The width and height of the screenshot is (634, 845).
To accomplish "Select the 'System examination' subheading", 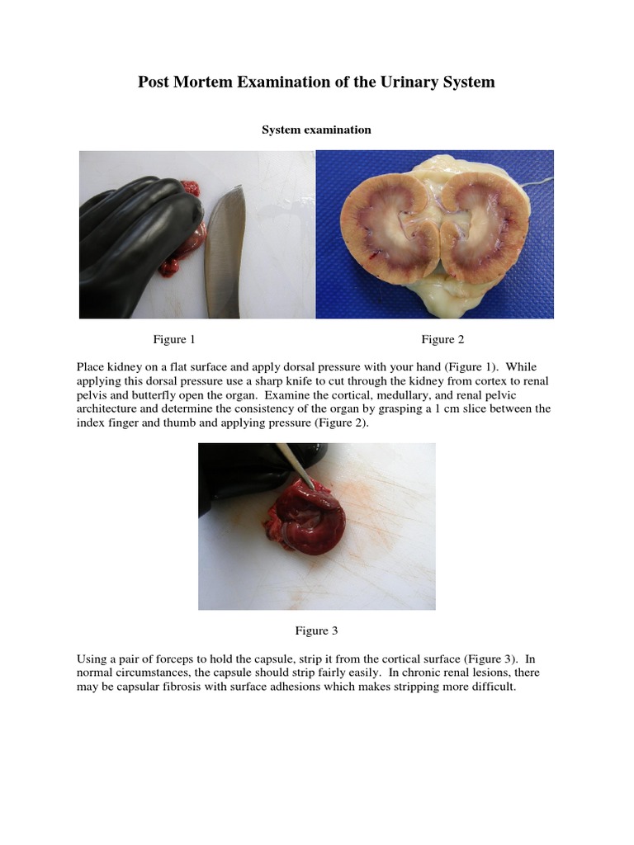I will (316, 130).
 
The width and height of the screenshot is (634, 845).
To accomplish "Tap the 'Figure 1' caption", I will (174, 339).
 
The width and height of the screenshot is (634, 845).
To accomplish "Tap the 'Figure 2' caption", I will (442, 339).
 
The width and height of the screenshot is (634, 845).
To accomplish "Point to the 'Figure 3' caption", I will (317, 631).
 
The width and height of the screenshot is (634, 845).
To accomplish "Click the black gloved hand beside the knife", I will (136, 239).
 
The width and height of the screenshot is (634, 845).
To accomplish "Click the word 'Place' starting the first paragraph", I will (91, 366).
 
